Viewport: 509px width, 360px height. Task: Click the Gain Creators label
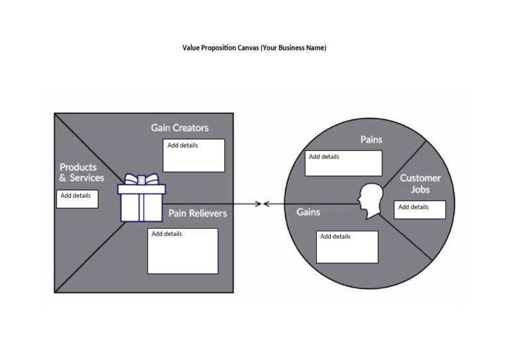point(180,127)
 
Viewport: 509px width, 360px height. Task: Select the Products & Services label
point(82,172)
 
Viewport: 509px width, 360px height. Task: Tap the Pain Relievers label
point(198,213)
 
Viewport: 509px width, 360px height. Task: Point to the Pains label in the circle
point(371,139)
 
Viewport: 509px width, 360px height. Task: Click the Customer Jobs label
point(420,184)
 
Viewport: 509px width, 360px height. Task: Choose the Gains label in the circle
point(308,212)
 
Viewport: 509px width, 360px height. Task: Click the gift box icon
point(141,202)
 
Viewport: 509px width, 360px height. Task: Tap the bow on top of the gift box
point(142,179)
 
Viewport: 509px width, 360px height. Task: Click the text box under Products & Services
point(77,199)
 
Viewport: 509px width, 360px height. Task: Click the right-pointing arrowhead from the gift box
point(258,204)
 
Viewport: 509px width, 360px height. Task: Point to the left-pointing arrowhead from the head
point(267,204)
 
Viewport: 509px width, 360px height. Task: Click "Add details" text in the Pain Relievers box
point(166,234)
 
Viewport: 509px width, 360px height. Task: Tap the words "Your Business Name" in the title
point(293,48)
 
